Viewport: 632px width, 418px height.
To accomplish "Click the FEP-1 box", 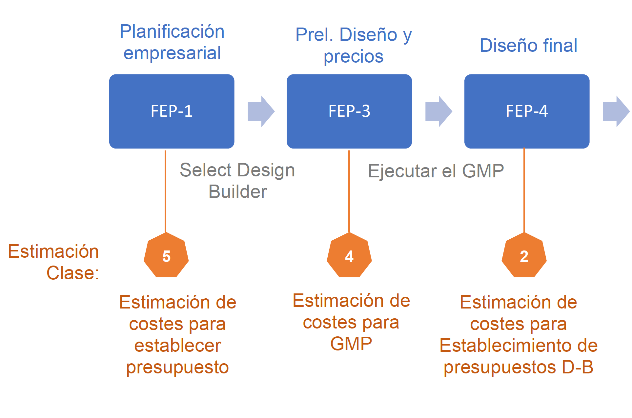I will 172,111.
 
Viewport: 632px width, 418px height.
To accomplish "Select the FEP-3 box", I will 349,111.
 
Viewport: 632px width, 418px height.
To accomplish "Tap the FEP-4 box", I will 527,111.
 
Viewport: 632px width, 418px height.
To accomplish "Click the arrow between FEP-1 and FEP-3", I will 261,111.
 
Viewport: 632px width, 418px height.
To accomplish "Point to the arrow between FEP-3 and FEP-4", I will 438,111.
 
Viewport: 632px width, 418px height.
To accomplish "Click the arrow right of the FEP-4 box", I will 616,111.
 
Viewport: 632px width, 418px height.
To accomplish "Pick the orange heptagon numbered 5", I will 166,256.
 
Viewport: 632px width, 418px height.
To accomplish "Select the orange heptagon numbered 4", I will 349,256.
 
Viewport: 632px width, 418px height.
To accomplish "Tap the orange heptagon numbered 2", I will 524,256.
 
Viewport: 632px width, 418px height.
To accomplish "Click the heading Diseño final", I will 528,45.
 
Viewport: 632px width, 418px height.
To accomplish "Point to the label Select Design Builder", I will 237,181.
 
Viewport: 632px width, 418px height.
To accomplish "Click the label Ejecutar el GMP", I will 436,171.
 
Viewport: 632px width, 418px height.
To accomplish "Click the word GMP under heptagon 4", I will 351,344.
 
